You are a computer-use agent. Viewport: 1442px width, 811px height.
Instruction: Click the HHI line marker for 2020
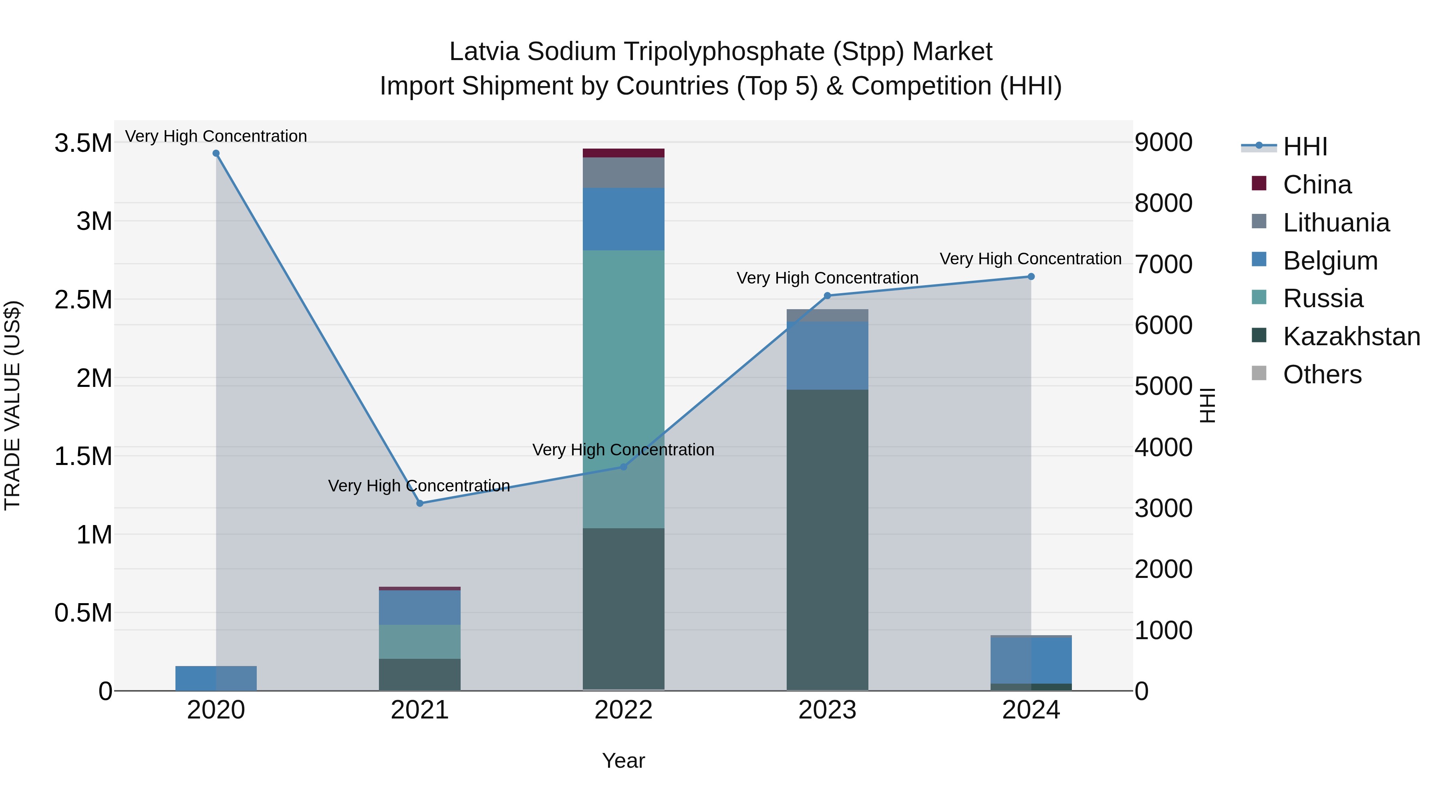pyautogui.click(x=216, y=153)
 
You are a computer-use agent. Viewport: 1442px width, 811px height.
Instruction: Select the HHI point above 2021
pyautogui.click(x=420, y=503)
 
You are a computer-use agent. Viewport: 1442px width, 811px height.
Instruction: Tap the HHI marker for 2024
pyautogui.click(x=1031, y=276)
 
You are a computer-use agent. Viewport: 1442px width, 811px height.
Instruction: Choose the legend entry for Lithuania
pyautogui.click(x=1335, y=223)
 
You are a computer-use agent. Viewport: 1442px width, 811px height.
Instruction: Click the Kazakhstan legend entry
pyautogui.click(x=1351, y=336)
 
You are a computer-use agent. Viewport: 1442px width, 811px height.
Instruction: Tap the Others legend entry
pyautogui.click(x=1322, y=374)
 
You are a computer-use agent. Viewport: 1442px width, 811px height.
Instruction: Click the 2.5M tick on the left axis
pyautogui.click(x=83, y=300)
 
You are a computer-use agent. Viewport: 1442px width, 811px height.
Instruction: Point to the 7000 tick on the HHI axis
pyautogui.click(x=1163, y=264)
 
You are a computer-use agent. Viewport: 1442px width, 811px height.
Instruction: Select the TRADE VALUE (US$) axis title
pyautogui.click(x=12, y=405)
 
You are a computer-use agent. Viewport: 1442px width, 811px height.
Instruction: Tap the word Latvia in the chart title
pyautogui.click(x=484, y=52)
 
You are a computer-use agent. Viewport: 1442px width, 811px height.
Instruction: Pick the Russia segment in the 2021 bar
pyautogui.click(x=420, y=642)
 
